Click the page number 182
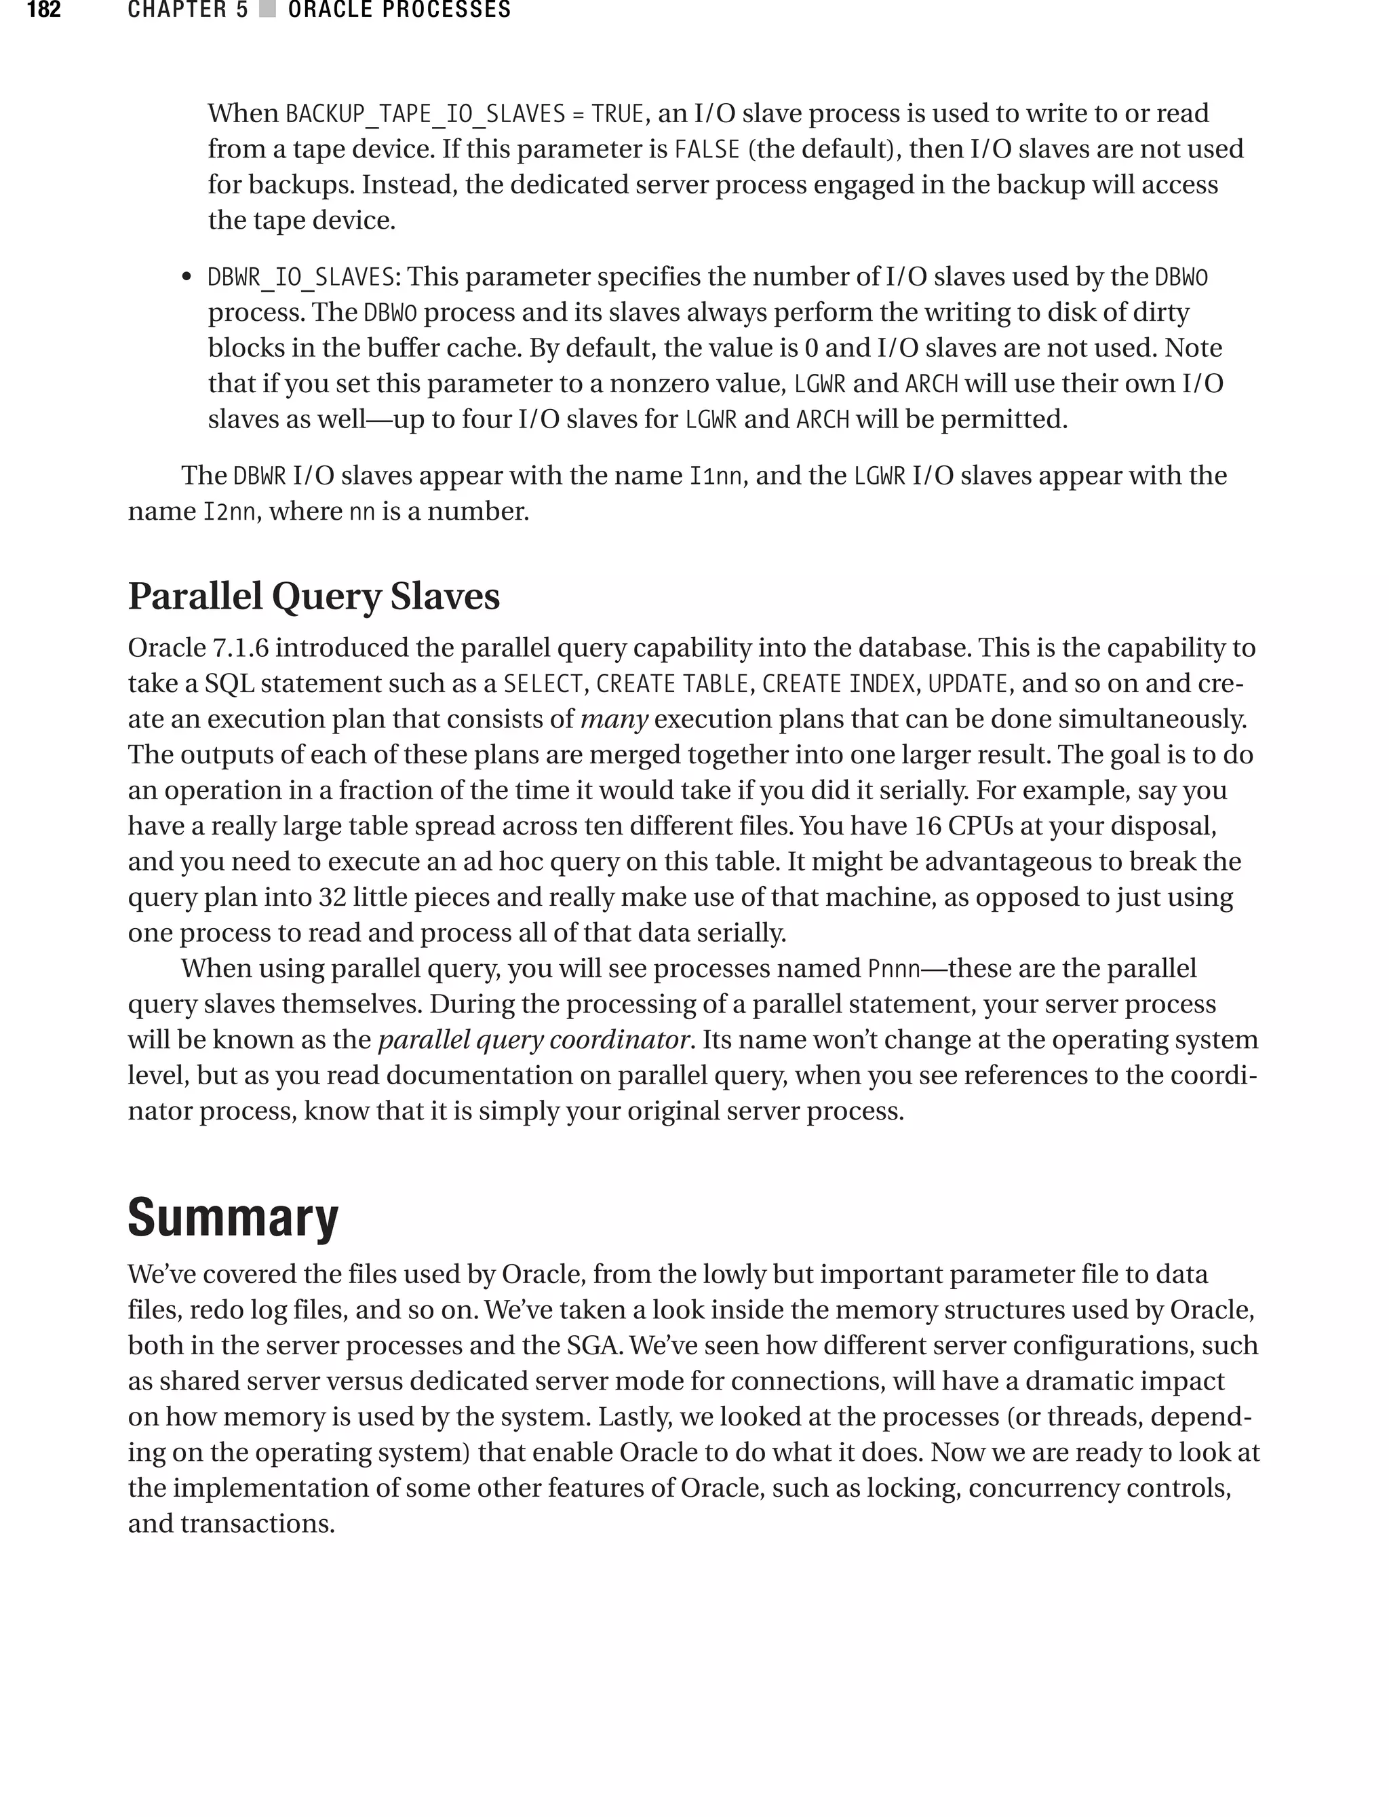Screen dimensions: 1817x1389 click(44, 10)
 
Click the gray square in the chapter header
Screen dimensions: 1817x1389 click(267, 10)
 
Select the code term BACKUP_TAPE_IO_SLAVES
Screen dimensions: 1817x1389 click(425, 113)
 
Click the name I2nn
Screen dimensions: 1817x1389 click(229, 512)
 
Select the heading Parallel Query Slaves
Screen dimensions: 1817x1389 click(313, 596)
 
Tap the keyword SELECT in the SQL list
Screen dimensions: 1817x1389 click(544, 684)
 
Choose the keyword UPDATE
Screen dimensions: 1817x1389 click(967, 684)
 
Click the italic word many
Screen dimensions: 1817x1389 click(614, 719)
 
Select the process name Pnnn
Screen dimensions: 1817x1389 click(894, 968)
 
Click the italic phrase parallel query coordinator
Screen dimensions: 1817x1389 click(533, 1039)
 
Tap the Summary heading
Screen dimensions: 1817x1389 click(233, 1218)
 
